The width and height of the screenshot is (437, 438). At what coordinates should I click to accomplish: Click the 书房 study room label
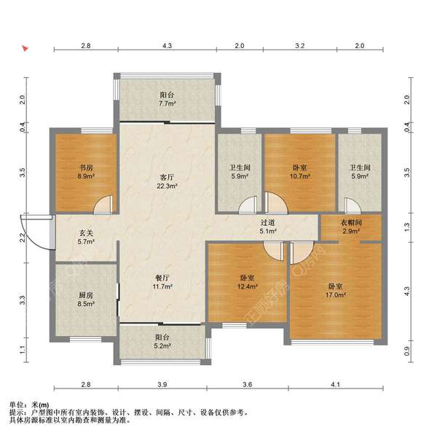click(x=86, y=168)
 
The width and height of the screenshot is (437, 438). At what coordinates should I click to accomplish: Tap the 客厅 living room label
click(x=167, y=177)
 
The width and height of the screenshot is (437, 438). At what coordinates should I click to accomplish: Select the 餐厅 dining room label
click(x=162, y=278)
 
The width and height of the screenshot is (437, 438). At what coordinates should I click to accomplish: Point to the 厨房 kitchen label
click(x=86, y=295)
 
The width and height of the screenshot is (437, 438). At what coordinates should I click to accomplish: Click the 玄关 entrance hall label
click(x=86, y=233)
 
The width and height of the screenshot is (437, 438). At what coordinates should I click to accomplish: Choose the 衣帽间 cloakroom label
click(x=351, y=222)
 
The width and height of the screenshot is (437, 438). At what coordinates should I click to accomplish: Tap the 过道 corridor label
click(x=267, y=222)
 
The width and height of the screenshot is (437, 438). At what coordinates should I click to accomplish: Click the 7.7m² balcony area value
click(x=167, y=103)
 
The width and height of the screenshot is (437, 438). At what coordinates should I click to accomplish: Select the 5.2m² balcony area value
click(x=162, y=346)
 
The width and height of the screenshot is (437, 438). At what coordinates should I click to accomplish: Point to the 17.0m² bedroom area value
click(x=336, y=294)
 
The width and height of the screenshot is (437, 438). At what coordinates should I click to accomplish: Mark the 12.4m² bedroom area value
click(x=247, y=286)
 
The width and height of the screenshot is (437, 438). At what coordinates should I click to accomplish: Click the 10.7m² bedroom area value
click(x=300, y=176)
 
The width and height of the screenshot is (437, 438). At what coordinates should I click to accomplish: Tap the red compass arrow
click(x=25, y=49)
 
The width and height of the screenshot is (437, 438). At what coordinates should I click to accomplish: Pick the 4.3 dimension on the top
click(x=167, y=45)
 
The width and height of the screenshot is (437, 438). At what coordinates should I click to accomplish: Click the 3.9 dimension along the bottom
click(x=162, y=385)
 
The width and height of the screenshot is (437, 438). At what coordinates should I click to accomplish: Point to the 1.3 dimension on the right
click(x=407, y=227)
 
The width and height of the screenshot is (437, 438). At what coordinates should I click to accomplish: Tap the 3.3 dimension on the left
click(x=23, y=300)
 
